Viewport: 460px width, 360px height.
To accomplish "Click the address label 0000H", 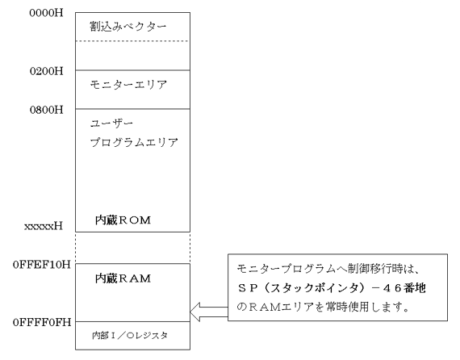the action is (x=46, y=13).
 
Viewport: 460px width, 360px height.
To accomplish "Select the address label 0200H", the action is (x=46, y=71).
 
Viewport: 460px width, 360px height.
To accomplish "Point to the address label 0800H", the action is (x=46, y=110).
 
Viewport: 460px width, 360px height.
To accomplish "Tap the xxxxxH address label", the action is (x=44, y=226).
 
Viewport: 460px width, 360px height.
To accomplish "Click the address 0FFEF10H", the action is (x=42, y=265).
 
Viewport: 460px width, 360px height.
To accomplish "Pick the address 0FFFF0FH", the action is (x=42, y=322).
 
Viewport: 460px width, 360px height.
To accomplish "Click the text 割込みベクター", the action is (x=128, y=27).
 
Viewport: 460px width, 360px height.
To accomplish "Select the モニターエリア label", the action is (x=128, y=85).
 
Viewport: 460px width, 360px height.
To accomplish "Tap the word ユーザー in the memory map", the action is (x=111, y=123).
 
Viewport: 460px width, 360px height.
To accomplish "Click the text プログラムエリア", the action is (x=134, y=142).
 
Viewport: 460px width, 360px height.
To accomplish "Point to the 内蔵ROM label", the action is (x=123, y=220).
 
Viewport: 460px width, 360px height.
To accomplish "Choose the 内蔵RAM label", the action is (x=123, y=278).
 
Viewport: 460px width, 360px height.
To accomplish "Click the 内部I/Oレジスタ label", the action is (x=130, y=335).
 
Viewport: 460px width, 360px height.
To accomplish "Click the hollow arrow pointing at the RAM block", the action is (x=209, y=312).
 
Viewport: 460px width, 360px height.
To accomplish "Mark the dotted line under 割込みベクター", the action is (x=132, y=41).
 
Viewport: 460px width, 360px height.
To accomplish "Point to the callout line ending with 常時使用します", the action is (x=323, y=308).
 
